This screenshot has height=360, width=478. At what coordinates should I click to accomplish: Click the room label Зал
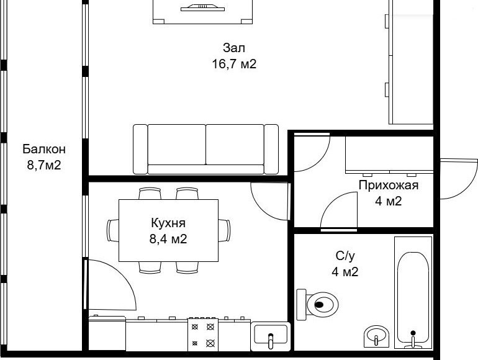pyautogui.click(x=234, y=48)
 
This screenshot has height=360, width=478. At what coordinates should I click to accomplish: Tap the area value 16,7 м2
pyautogui.click(x=234, y=64)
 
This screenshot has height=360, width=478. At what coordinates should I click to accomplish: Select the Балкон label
pyautogui.click(x=44, y=149)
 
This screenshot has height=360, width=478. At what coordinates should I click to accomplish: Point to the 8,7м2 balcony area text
pyautogui.click(x=44, y=165)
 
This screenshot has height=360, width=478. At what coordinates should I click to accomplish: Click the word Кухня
pyautogui.click(x=168, y=223)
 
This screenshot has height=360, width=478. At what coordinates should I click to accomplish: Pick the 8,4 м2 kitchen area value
pyautogui.click(x=168, y=239)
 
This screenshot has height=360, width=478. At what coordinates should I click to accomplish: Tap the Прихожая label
pyautogui.click(x=389, y=185)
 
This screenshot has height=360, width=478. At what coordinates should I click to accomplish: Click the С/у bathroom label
pyautogui.click(x=345, y=256)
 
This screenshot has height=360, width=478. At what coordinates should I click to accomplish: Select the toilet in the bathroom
pyautogui.click(x=318, y=305)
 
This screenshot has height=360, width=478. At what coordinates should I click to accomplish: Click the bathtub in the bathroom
pyautogui.click(x=413, y=292)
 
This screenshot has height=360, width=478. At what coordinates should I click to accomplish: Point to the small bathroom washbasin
pyautogui.click(x=376, y=336)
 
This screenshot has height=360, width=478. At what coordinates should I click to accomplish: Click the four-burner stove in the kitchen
pyautogui.click(x=203, y=335)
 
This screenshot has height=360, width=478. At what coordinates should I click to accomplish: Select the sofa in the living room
pyautogui.click(x=205, y=149)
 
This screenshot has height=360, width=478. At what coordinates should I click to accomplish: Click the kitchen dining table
pyautogui.click(x=168, y=230)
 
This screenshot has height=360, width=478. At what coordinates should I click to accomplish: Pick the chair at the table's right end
pyautogui.click(x=224, y=230)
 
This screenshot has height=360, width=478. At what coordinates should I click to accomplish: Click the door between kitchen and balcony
pyautogui.click(x=110, y=284)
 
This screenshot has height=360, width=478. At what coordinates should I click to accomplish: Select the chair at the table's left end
pyautogui.click(x=113, y=230)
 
